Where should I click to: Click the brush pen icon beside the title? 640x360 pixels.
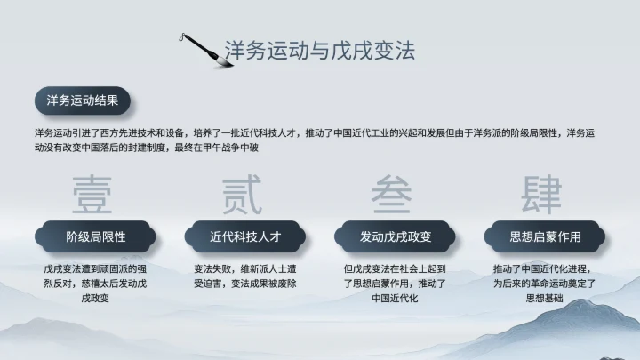pos(201,48)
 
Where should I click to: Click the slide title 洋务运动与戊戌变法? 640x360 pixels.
pos(319,50)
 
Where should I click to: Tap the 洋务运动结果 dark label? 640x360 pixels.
pos(82,100)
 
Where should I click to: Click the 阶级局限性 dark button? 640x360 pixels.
pos(96,237)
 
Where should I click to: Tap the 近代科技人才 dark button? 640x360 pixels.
pos(245,237)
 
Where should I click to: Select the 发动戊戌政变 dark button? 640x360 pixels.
pos(395,237)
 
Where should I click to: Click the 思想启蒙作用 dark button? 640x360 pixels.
pos(544,237)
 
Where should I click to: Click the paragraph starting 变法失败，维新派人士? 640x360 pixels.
pos(245,276)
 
